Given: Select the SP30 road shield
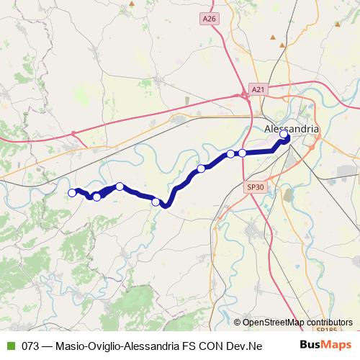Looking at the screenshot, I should click(x=256, y=186).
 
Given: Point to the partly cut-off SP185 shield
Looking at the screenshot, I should click(x=328, y=330).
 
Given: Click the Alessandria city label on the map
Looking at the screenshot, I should click(x=292, y=128).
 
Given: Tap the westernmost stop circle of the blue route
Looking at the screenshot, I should click(x=72, y=192).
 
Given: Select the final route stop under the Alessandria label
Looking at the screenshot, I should click(x=284, y=134).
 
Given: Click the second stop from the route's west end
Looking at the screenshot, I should click(x=96, y=197).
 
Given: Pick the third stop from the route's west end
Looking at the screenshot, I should click(x=120, y=186).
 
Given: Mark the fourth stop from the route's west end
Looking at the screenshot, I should click(x=156, y=202).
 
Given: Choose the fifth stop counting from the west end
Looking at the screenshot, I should click(x=201, y=168).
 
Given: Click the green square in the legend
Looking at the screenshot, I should click(x=10, y=346).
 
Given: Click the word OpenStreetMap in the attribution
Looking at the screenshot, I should click(x=273, y=322).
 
